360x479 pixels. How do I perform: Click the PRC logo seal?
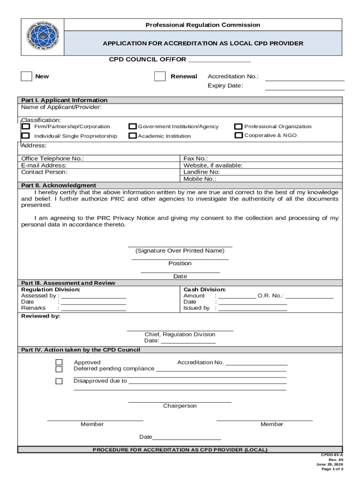coord(42,37)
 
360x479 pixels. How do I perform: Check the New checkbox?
coord(27,76)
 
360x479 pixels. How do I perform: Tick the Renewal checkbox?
coord(160,76)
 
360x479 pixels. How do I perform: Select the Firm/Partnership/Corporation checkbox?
coord(26,126)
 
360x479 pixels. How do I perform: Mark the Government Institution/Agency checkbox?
coord(133,126)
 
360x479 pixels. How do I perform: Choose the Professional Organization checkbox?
coord(238,126)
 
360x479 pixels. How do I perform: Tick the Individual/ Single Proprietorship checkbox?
coord(26,136)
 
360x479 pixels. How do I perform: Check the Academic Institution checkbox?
coord(133,136)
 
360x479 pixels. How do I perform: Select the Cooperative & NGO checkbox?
coord(238,135)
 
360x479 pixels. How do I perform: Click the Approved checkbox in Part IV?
coord(59,363)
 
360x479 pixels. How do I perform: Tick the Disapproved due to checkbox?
coord(59,381)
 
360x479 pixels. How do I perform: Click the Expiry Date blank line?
coord(304,89)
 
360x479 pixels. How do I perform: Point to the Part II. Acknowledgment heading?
coord(59,185)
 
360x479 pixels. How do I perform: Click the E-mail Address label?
coord(44,165)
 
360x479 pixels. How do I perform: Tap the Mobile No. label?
coord(200,179)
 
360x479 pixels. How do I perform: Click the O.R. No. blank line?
coord(309,298)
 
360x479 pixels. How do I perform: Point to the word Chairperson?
coord(180,406)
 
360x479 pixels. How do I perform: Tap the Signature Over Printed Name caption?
coord(180,251)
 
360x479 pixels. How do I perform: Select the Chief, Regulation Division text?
coord(180,334)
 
